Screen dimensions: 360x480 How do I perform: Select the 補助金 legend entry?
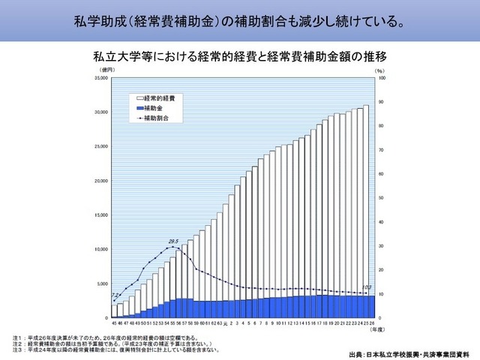pos(154,109)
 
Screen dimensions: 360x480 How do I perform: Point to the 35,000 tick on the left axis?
pos(100,78)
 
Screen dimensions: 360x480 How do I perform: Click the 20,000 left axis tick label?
pos(100,181)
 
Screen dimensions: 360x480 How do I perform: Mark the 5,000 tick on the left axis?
pos(101,283)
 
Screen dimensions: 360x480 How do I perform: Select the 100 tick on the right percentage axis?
pos(381,78)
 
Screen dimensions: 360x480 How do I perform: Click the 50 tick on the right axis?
pos(380,198)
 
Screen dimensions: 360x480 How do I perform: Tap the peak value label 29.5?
pos(173,241)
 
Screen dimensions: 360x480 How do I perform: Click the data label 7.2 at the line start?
pos(115,296)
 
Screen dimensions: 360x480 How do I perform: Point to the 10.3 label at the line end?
pos(367,288)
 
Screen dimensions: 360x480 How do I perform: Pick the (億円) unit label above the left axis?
pos(106,70)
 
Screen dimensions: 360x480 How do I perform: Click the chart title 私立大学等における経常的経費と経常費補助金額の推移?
pos(241,57)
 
